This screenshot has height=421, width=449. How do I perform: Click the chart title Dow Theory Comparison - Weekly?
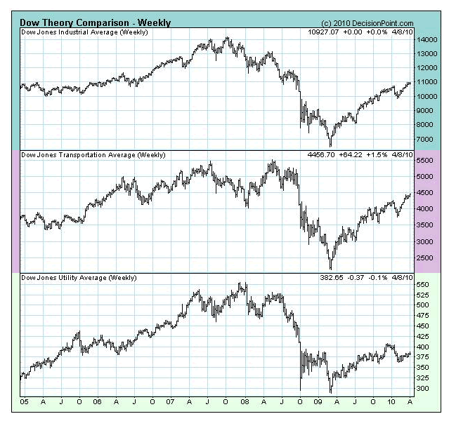click(95, 22)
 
